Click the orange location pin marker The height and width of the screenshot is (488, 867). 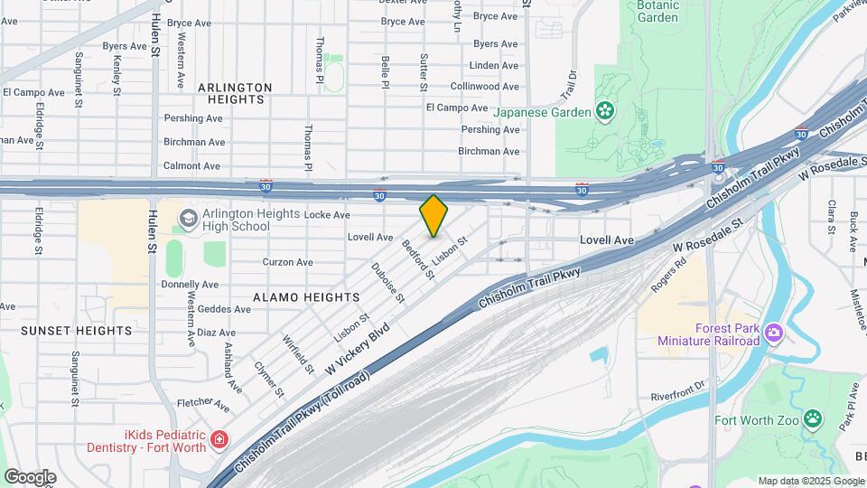[x=433, y=215]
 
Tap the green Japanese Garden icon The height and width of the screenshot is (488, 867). [x=604, y=112]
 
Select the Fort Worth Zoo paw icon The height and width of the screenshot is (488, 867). [x=814, y=419]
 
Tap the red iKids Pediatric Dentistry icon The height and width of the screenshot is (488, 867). [x=219, y=440]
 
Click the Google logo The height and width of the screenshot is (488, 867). [x=30, y=476]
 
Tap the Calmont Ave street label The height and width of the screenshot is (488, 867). [x=191, y=166]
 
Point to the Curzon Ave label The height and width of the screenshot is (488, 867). [x=287, y=262]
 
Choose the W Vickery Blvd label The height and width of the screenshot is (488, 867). [x=360, y=348]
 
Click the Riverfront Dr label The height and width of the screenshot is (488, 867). [x=678, y=397]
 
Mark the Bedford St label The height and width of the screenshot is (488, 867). [x=418, y=258]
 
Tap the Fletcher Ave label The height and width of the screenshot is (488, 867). [x=203, y=402]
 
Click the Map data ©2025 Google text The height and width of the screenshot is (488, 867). [x=811, y=481]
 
